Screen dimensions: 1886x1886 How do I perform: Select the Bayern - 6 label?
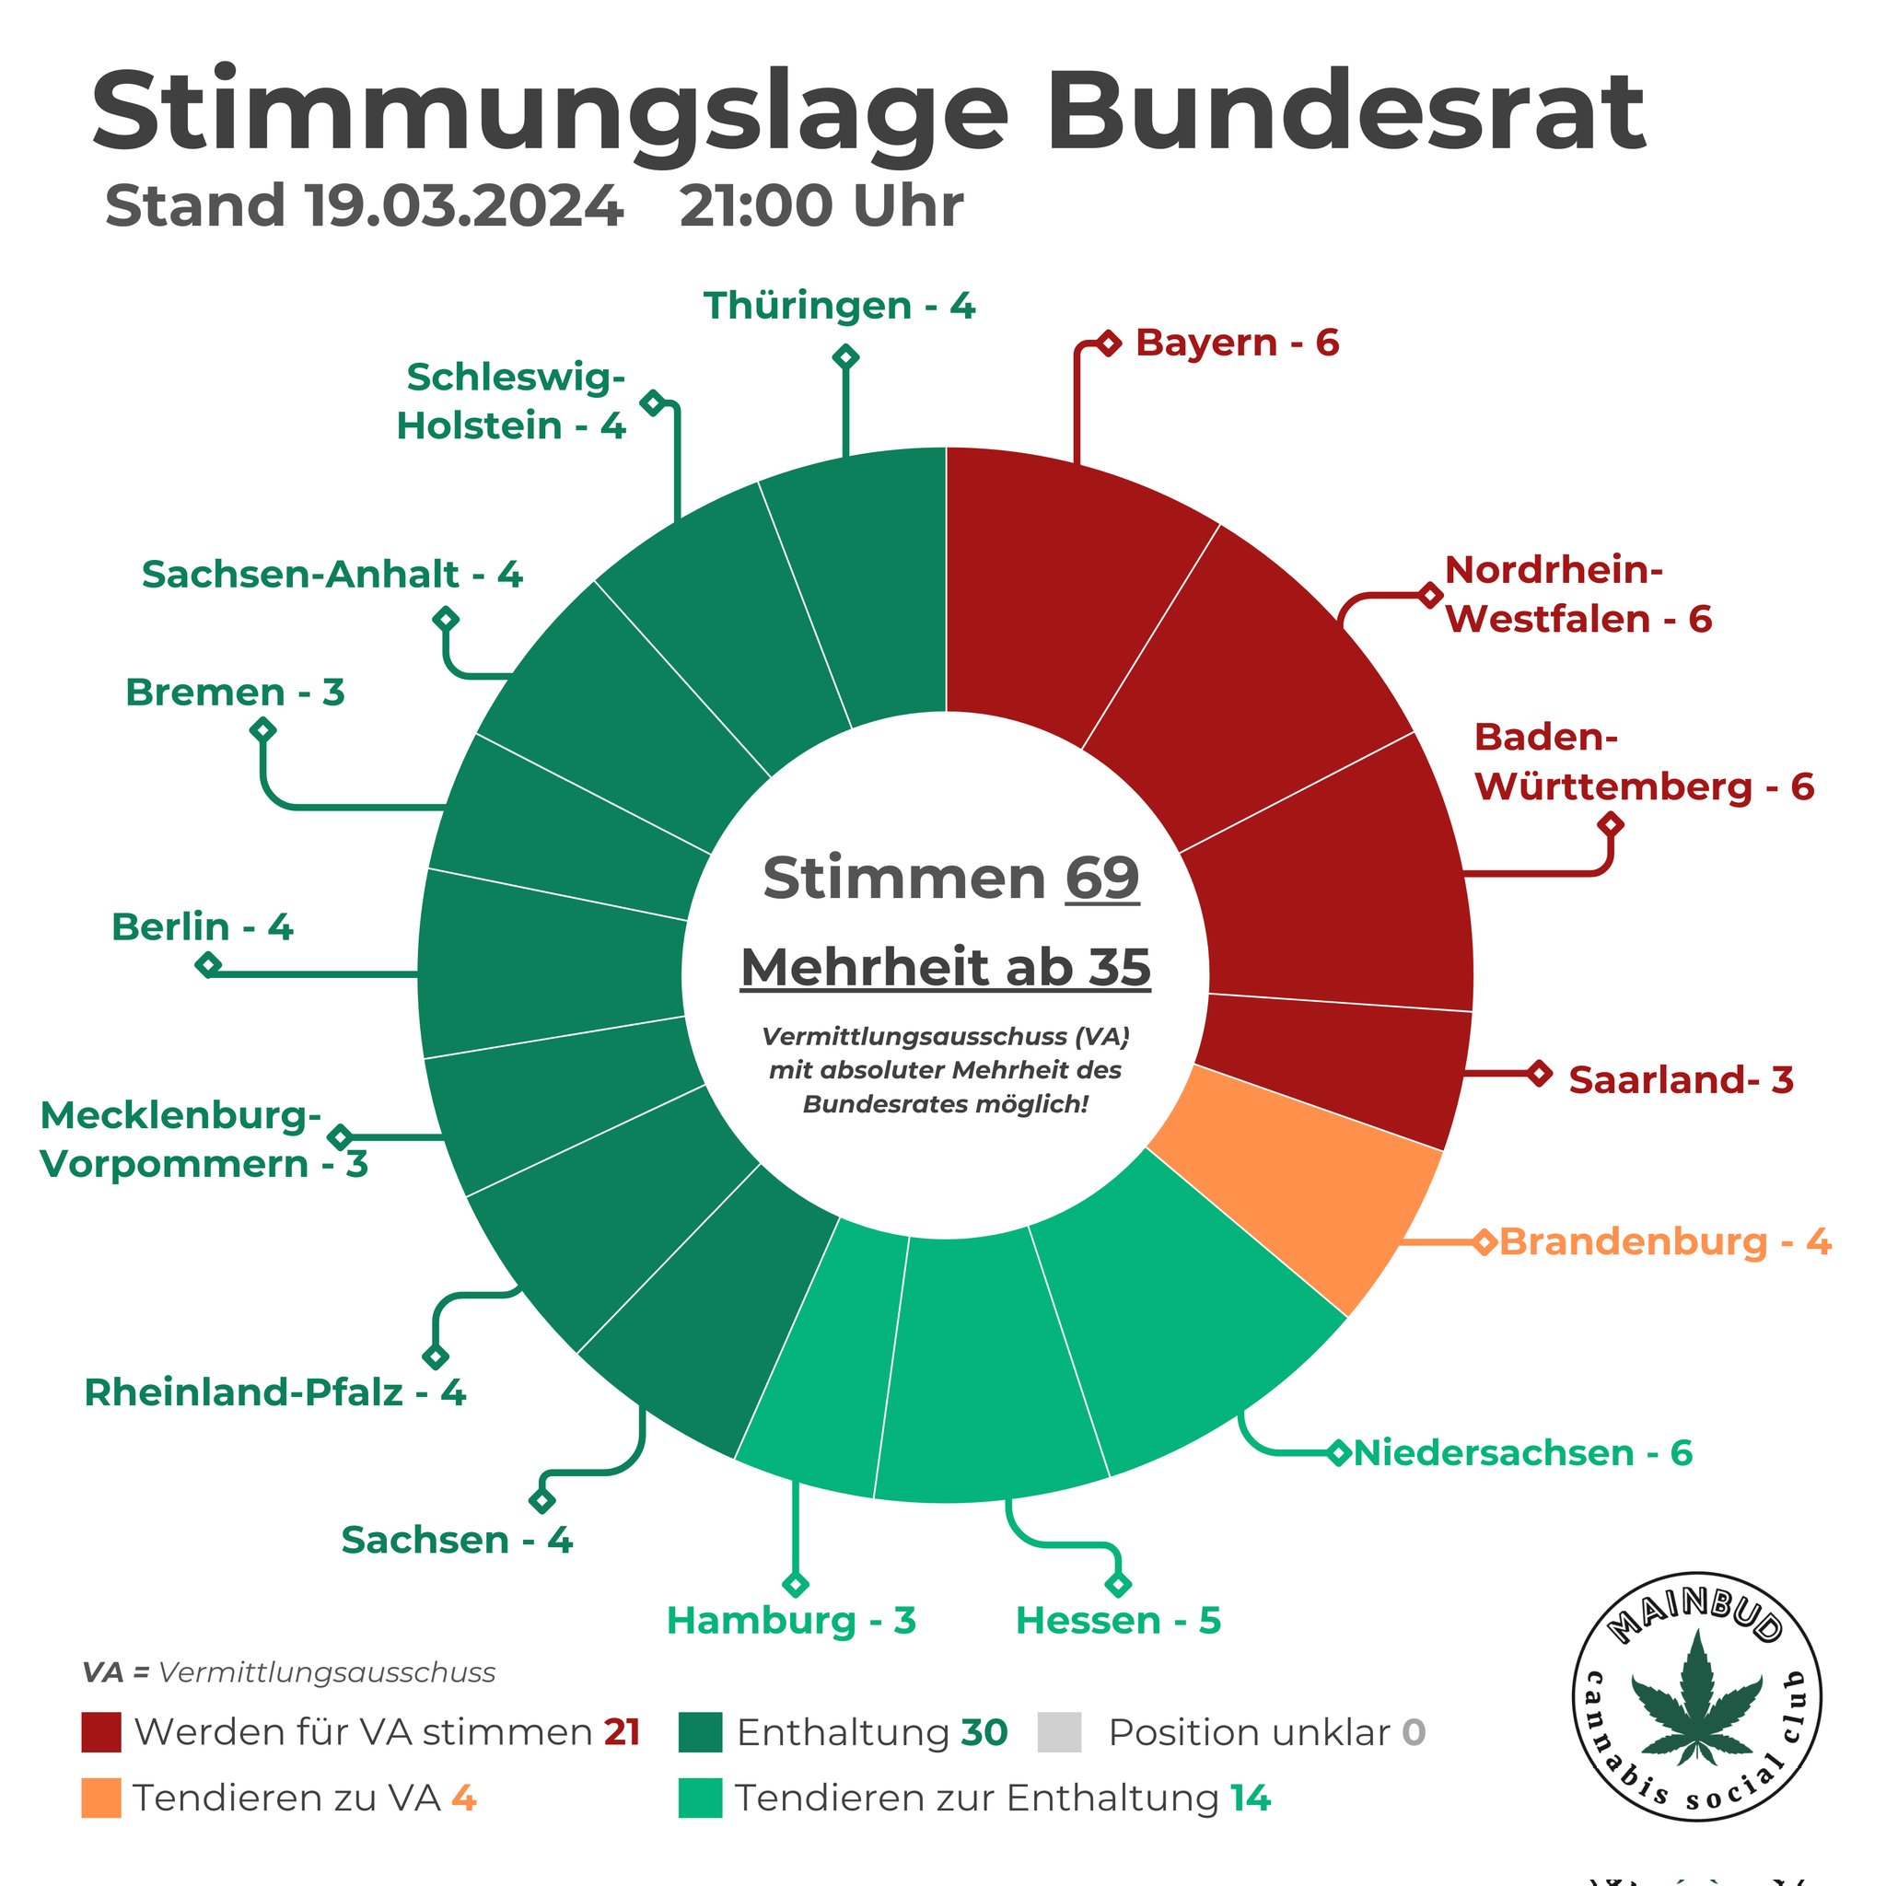point(1237,343)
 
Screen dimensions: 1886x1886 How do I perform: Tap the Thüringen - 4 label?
point(839,306)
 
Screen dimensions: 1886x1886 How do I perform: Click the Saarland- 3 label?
point(1681,1079)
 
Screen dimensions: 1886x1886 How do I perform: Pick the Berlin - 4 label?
point(202,926)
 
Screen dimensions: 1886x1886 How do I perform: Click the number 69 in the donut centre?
point(1101,878)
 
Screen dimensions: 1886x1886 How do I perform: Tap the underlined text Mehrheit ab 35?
point(945,968)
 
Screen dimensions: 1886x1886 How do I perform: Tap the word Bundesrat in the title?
point(1346,112)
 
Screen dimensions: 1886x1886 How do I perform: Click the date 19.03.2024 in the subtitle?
point(465,206)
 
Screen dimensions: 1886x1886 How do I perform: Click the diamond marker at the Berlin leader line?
point(208,965)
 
